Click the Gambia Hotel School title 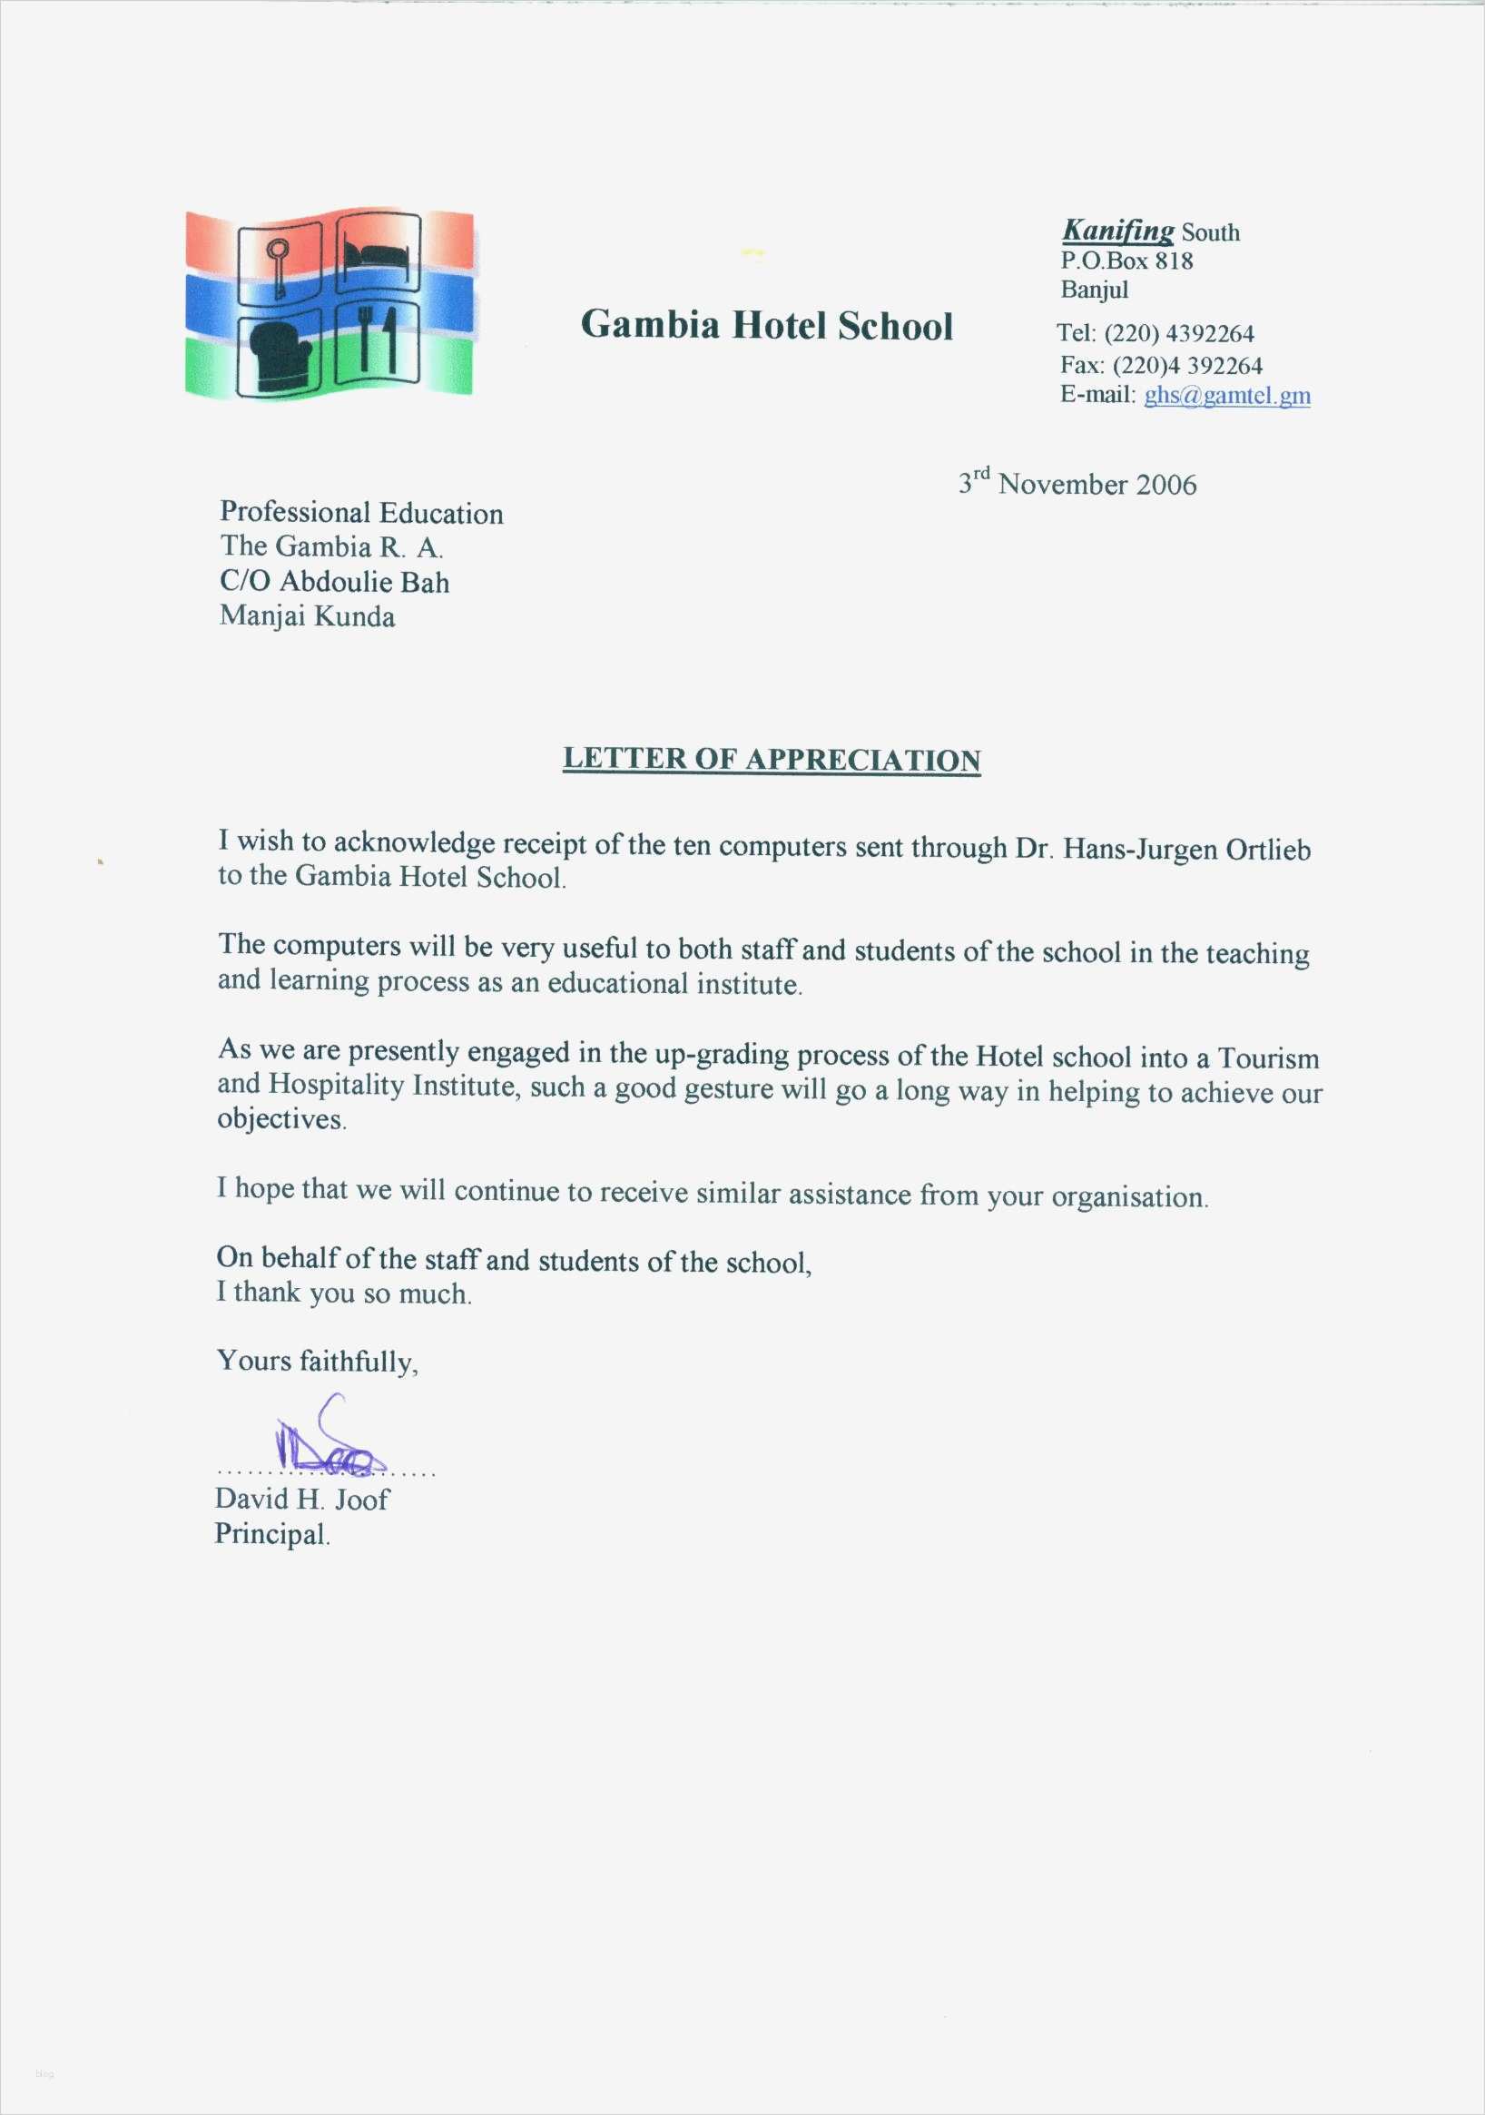(x=765, y=326)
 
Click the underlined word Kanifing (x=1117, y=231)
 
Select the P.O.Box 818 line (x=1126, y=261)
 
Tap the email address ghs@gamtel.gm (x=1226, y=395)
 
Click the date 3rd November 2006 (x=1077, y=484)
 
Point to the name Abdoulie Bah (x=364, y=582)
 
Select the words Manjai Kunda (x=307, y=616)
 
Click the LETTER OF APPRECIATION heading (x=771, y=760)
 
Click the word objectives (x=281, y=1120)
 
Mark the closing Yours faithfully (x=317, y=1361)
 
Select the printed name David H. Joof (x=301, y=1499)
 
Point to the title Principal (x=271, y=1534)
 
